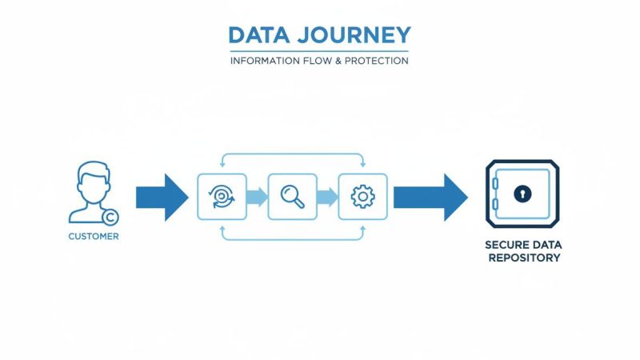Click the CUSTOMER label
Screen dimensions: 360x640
point(94,237)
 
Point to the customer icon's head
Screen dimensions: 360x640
point(94,178)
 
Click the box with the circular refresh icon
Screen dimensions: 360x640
point(221,196)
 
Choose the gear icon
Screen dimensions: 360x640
point(363,196)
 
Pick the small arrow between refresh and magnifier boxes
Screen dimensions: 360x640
point(256,197)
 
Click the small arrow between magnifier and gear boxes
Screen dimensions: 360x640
point(327,197)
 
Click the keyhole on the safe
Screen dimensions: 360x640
point(522,194)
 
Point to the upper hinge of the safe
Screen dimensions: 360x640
point(494,184)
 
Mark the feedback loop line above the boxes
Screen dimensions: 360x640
point(292,154)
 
